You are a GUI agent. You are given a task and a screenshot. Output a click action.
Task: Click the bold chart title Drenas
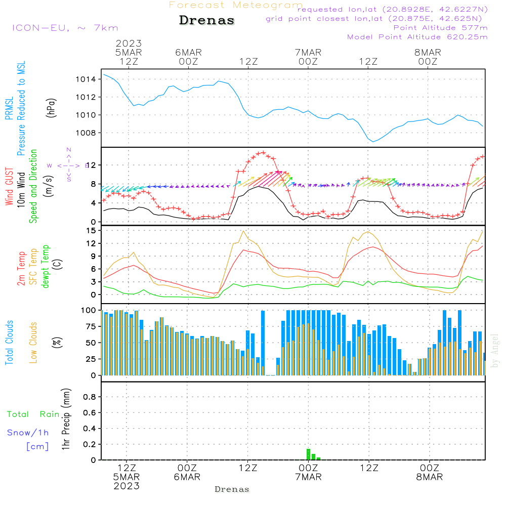[x=207, y=21]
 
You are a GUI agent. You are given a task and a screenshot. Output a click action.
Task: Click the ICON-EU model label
[x=65, y=28]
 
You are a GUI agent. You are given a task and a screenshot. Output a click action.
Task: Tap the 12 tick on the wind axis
[x=91, y=165]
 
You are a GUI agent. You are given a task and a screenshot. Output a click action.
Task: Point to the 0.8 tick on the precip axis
[x=90, y=397]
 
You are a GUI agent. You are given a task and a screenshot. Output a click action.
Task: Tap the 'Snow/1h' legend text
[x=28, y=433]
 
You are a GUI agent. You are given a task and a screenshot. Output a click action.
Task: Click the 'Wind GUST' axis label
[x=10, y=187]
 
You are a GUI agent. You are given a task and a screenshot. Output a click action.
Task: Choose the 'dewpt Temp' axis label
[x=46, y=267]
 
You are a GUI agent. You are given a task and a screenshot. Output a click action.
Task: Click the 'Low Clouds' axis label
[x=34, y=342]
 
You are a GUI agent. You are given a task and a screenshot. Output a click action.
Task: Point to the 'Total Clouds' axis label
[x=10, y=343]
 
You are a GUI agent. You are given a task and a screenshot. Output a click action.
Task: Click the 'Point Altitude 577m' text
[x=440, y=28]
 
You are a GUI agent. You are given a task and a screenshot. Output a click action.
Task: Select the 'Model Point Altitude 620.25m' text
[x=417, y=37]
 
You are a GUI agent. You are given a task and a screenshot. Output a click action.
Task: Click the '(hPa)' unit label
[x=51, y=107]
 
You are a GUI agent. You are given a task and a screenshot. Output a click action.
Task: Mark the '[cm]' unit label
[x=37, y=446]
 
